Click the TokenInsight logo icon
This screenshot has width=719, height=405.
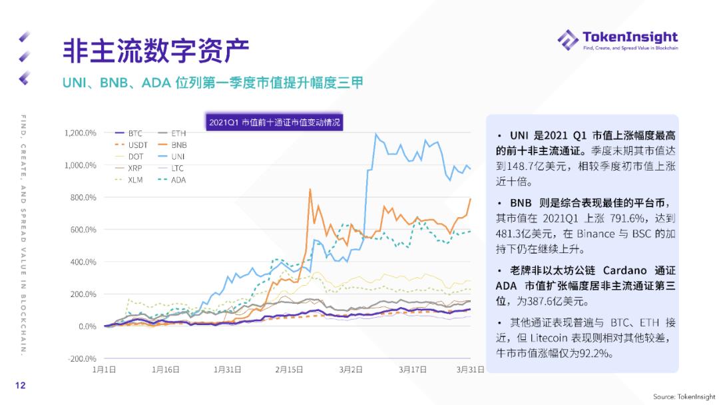pyautogui.click(x=568, y=39)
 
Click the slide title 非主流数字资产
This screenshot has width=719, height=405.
pyautogui.click(x=156, y=51)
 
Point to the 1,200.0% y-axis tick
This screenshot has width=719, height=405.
pyautogui.click(x=81, y=133)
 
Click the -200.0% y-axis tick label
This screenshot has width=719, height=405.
pyautogui.click(x=81, y=358)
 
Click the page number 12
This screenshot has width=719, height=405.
pyautogui.click(x=21, y=385)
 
